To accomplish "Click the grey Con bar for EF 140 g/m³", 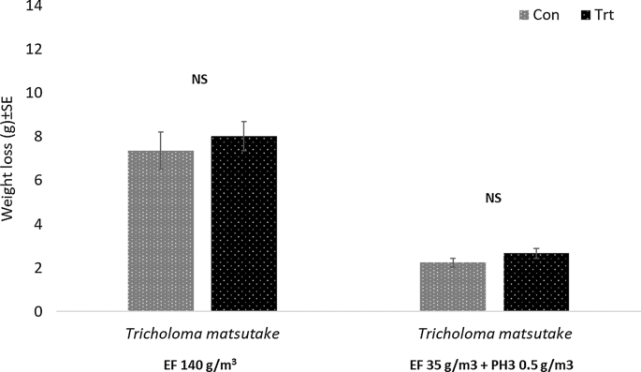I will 160,231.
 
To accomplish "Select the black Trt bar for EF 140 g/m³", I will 243,224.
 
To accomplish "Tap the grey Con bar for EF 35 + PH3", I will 452,287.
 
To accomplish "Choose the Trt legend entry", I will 598,16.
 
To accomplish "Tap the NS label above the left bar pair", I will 199,80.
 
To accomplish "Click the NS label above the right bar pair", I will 493,199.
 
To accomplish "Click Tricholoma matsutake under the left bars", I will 201,335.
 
